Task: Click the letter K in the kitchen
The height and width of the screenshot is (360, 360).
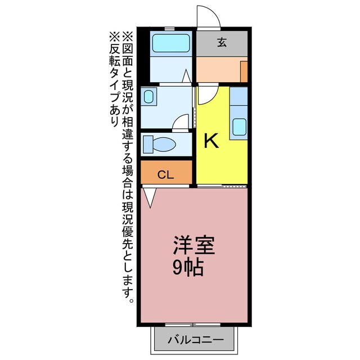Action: [x=211, y=141]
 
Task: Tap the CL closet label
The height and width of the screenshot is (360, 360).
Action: [x=165, y=175]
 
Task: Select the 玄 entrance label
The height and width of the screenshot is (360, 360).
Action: [x=222, y=41]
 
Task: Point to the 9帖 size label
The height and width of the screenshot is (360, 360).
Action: [x=187, y=268]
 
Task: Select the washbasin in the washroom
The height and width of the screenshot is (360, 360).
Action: [x=148, y=97]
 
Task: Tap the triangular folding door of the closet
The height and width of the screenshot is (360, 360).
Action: [x=150, y=196]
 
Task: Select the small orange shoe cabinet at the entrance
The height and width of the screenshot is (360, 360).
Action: [x=244, y=72]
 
